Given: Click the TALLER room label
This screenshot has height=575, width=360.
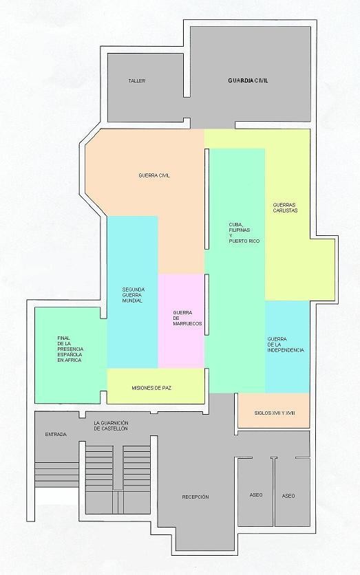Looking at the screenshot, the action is click(136, 80).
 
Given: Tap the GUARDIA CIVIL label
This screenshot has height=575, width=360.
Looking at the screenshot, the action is click(248, 80).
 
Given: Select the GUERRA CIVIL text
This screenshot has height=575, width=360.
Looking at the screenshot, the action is click(154, 175).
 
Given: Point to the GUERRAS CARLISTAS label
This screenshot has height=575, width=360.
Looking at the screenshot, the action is click(285, 208).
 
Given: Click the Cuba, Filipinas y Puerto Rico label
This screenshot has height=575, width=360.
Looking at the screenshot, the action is click(244, 233).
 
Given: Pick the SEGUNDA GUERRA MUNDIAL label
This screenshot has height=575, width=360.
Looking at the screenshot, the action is click(134, 295).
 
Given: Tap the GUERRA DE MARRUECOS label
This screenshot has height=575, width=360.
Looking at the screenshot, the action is click(187, 318).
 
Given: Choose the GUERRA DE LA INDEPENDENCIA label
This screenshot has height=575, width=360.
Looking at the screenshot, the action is click(286, 345).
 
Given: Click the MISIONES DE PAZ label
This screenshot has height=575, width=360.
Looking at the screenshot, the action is click(151, 388).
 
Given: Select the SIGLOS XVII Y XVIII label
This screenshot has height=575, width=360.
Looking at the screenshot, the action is click(275, 413).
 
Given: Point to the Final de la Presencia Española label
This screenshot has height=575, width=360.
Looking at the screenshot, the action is click(70, 349).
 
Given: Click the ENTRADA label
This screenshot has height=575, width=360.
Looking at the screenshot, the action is click(56, 435).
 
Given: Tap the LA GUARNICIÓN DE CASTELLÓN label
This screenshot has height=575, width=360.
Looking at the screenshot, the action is click(111, 425).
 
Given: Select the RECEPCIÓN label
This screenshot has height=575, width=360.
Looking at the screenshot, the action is click(195, 497).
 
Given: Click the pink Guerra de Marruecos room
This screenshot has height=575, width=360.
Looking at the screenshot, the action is click(181, 321).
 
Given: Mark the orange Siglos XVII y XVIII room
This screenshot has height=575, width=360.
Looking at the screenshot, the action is click(274, 411).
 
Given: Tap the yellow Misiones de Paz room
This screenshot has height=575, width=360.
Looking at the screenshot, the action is click(156, 386).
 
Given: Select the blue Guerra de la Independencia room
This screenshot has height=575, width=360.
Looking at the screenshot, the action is click(287, 347).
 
